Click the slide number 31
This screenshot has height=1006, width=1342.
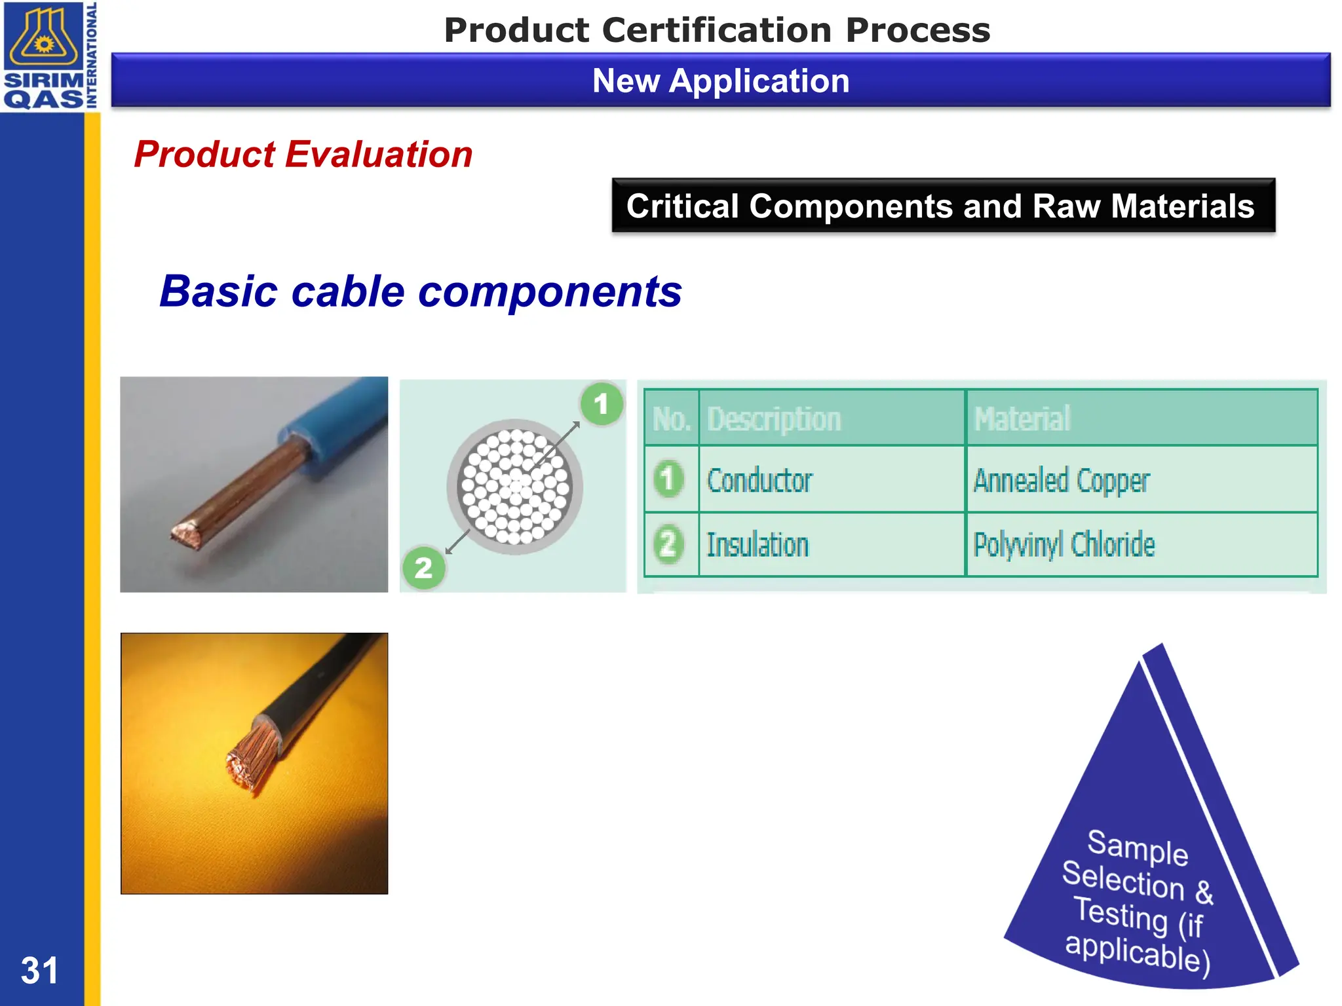click(39, 970)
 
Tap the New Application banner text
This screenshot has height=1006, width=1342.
click(721, 81)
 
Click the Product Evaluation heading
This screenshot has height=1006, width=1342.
click(303, 155)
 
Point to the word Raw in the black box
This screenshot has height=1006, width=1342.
click(1067, 206)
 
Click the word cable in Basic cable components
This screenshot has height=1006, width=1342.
click(347, 291)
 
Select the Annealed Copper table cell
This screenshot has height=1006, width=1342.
click(1062, 481)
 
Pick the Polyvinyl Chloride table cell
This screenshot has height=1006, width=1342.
click(1064, 545)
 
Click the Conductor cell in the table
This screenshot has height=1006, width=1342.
click(760, 481)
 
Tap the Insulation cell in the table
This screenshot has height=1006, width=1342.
click(757, 545)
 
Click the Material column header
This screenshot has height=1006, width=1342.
click(1022, 419)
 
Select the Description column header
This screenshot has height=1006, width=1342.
click(774, 419)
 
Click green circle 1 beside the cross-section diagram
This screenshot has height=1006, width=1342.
click(601, 404)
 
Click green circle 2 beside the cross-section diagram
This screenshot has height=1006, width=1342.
click(423, 568)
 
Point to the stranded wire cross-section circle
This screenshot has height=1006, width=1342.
click(515, 487)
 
